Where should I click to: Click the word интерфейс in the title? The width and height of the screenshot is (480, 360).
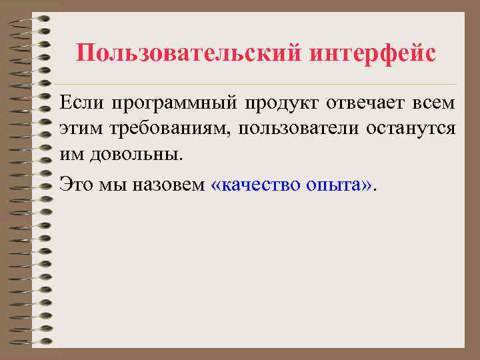click(373, 53)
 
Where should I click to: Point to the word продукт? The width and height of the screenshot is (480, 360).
click(280, 104)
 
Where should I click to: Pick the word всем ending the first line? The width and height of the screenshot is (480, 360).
click(433, 104)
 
